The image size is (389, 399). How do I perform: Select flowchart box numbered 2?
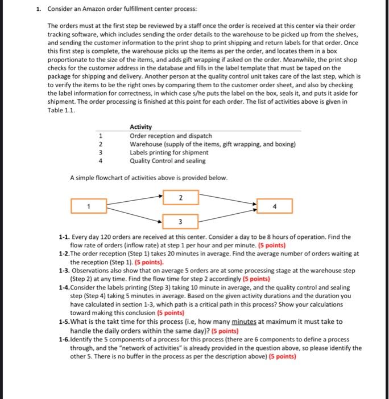[181, 197]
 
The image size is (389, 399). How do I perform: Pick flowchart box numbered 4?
[275, 206]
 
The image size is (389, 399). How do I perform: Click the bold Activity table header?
[140, 127]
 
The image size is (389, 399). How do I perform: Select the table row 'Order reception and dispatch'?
[171, 136]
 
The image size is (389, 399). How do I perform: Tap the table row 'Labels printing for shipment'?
[169, 152]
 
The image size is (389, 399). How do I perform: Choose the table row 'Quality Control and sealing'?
[168, 161]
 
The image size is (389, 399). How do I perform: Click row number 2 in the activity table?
[101, 144]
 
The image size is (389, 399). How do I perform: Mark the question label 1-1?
[64, 237]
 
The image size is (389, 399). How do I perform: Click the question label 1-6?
[64, 339]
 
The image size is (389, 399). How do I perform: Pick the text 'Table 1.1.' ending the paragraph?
[61, 110]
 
